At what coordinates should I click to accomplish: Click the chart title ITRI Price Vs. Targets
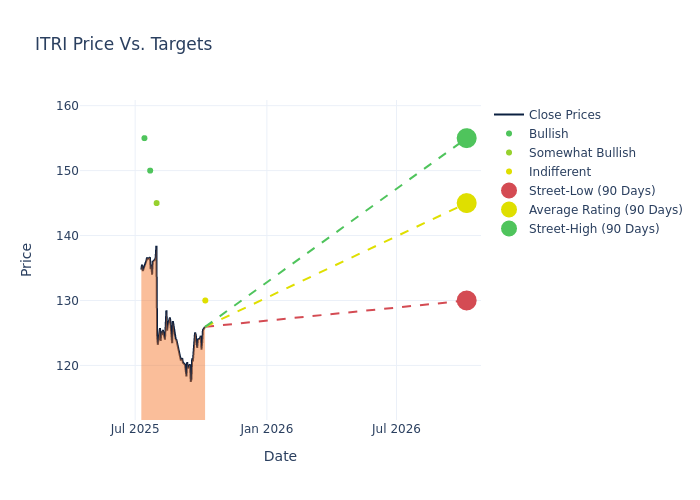pyautogui.click(x=123, y=44)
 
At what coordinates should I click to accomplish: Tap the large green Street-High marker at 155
pyautogui.click(x=466, y=138)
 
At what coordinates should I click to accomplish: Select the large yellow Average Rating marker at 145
pyautogui.click(x=466, y=203)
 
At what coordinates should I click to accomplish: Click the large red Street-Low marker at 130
pyautogui.click(x=466, y=300)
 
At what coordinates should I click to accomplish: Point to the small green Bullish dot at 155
pyautogui.click(x=144, y=138)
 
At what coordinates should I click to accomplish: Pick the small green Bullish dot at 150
pyautogui.click(x=150, y=171)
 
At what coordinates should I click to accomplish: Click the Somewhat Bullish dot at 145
pyautogui.click(x=156, y=203)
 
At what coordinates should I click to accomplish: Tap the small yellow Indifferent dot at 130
pyautogui.click(x=205, y=300)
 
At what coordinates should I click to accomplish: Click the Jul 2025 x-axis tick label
pyautogui.click(x=135, y=429)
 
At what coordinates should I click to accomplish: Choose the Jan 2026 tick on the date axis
pyautogui.click(x=266, y=429)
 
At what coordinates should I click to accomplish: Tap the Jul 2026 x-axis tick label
pyautogui.click(x=396, y=429)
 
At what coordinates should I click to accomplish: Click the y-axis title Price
pyautogui.click(x=27, y=259)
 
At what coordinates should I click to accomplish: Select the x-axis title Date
pyautogui.click(x=280, y=456)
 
